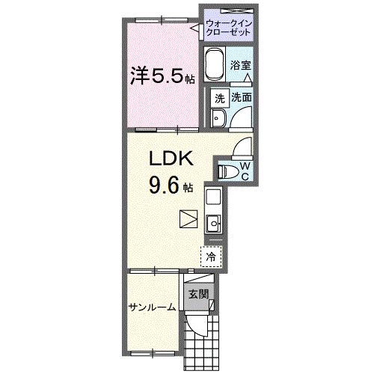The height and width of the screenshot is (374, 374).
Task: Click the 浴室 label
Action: tap(241, 66)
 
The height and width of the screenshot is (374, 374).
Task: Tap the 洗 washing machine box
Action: tap(220, 98)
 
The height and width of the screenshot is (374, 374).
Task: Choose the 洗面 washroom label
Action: tap(241, 98)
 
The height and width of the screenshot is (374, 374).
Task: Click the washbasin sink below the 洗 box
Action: tap(218, 118)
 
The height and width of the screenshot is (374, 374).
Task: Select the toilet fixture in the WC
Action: tap(229, 172)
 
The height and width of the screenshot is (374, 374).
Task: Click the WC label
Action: tap(245, 171)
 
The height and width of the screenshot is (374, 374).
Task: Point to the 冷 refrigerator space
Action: tap(211, 256)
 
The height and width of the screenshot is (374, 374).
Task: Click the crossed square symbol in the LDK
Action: tap(188, 219)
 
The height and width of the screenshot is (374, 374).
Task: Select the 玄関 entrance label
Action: tap(198, 293)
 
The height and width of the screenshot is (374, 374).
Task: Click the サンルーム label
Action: tap(152, 307)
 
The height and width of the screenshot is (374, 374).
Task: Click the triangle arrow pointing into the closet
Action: tap(247, 46)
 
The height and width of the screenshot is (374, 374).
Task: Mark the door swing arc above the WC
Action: tap(245, 147)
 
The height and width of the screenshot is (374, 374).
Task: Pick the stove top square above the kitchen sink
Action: tap(213, 197)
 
